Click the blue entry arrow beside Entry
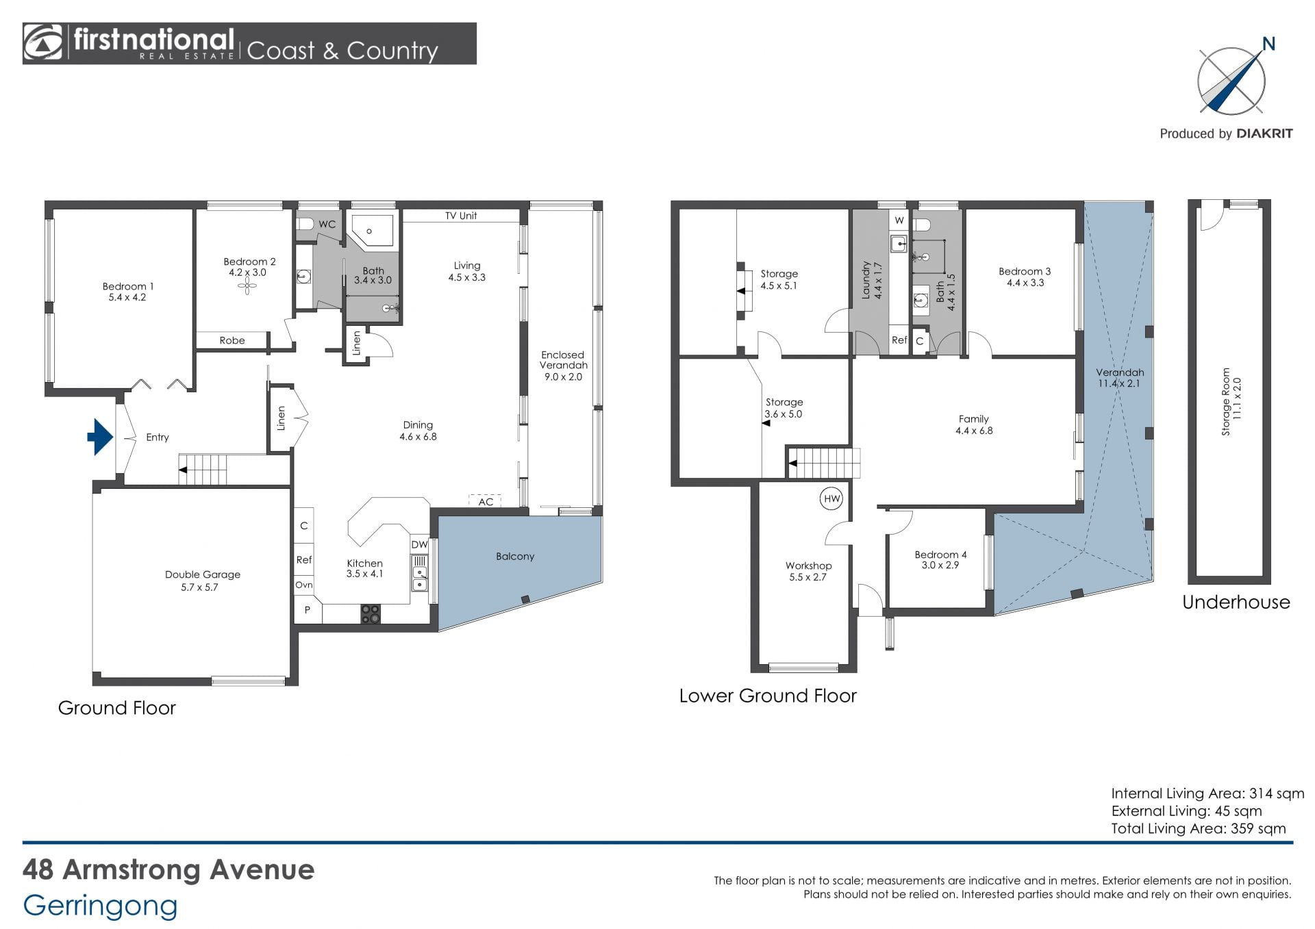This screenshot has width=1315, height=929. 101,437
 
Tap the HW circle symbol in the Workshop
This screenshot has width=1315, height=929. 831,498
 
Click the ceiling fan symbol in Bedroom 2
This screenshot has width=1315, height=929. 247,288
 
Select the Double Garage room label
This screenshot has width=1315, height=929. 203,574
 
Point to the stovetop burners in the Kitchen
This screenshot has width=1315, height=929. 371,614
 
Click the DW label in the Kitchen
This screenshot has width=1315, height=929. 419,545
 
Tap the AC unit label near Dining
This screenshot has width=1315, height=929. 486,502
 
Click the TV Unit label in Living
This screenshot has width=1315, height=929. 461,216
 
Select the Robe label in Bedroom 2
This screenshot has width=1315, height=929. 232,340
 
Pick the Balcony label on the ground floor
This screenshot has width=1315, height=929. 515,557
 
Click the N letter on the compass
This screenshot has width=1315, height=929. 1268,44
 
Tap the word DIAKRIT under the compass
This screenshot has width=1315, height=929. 1264,134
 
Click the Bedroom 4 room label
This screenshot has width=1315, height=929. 940,555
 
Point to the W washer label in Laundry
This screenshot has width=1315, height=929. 899,220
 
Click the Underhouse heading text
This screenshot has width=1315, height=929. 1236,602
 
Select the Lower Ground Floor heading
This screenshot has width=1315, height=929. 768,696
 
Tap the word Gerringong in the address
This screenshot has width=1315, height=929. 100,906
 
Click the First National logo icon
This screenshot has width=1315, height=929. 42,44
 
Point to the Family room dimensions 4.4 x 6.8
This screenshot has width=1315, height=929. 974,431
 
